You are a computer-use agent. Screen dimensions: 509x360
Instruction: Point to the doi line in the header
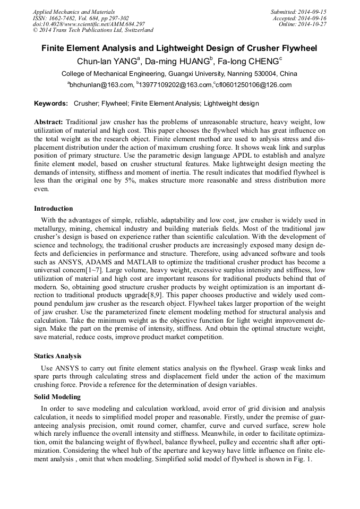[x=89, y=24]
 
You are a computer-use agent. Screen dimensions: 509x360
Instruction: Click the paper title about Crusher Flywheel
[x=179, y=48]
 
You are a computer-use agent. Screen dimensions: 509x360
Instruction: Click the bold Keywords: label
[x=51, y=103]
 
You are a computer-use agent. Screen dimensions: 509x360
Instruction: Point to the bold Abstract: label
[x=48, y=122]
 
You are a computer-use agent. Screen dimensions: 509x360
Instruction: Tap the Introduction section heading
[x=54, y=209]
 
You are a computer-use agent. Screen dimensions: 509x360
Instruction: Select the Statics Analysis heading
[x=58, y=356]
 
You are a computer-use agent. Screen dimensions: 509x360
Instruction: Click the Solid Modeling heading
[x=57, y=397]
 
